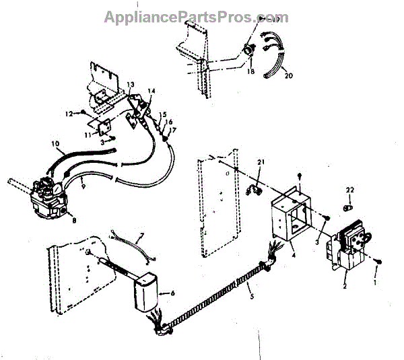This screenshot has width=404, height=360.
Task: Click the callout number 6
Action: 173,293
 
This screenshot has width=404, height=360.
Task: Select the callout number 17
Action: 174,131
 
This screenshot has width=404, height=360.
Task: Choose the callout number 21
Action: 262,162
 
